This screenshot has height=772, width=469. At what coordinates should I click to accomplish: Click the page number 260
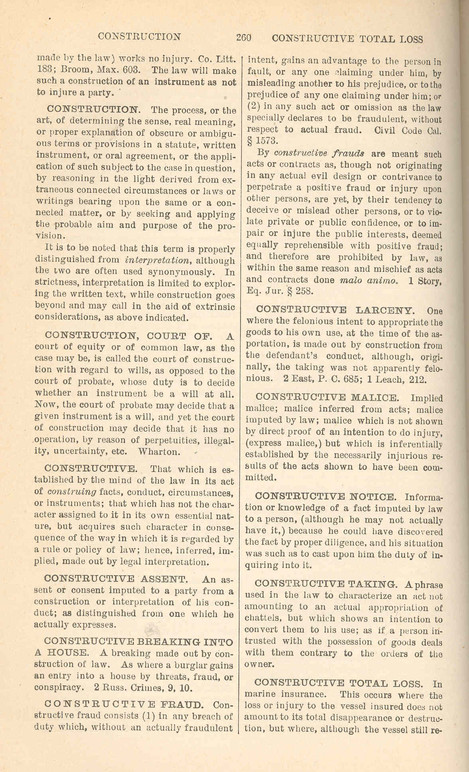243,38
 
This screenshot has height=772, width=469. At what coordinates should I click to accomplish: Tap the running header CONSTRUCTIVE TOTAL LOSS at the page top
347,39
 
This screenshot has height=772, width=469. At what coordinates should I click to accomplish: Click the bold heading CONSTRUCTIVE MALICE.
327,397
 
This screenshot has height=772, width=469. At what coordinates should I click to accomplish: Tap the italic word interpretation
156,260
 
